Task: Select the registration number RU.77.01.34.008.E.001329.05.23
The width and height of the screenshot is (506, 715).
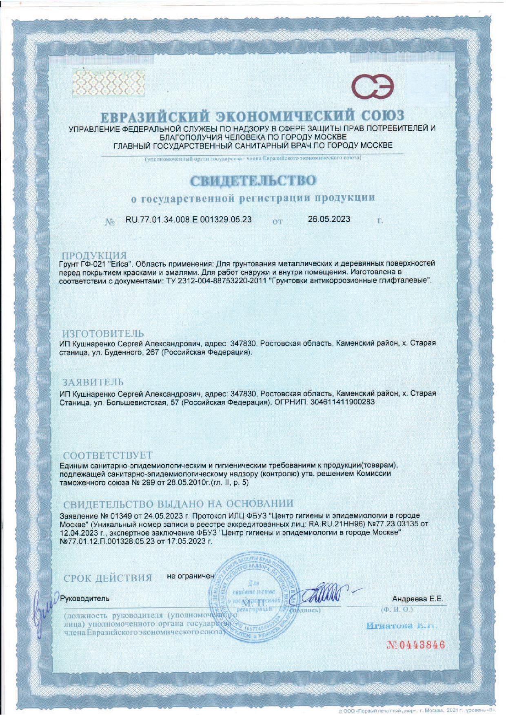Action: [x=189, y=219]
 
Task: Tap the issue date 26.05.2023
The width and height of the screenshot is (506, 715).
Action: [x=329, y=219]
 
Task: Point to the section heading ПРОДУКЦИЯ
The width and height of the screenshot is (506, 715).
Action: [x=94, y=256]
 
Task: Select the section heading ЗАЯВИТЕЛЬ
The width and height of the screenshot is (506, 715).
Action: [x=93, y=382]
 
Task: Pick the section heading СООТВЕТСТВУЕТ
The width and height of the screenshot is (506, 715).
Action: [x=108, y=455]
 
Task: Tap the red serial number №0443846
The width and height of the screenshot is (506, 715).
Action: [x=415, y=645]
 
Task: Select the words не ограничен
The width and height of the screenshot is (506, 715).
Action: [x=191, y=576]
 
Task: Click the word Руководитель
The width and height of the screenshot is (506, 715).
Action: [x=85, y=599]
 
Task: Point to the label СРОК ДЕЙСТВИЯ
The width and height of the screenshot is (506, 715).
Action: [x=108, y=578]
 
